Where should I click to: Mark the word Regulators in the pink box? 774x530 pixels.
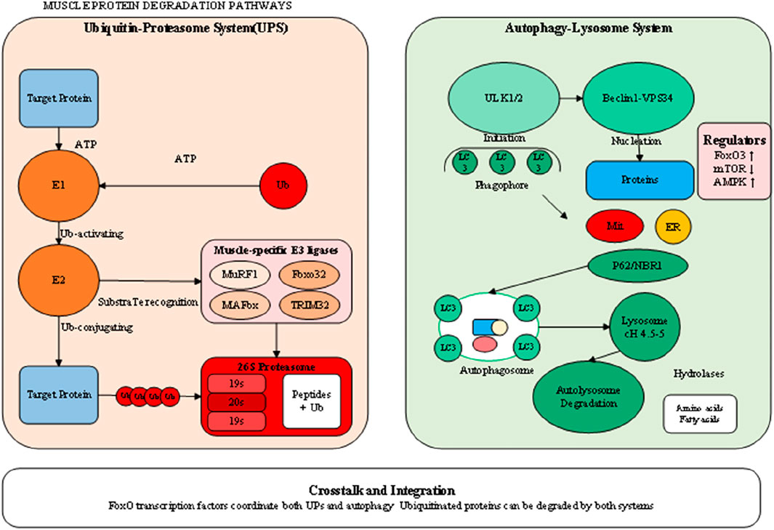734,139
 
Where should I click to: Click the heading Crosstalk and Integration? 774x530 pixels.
387,490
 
